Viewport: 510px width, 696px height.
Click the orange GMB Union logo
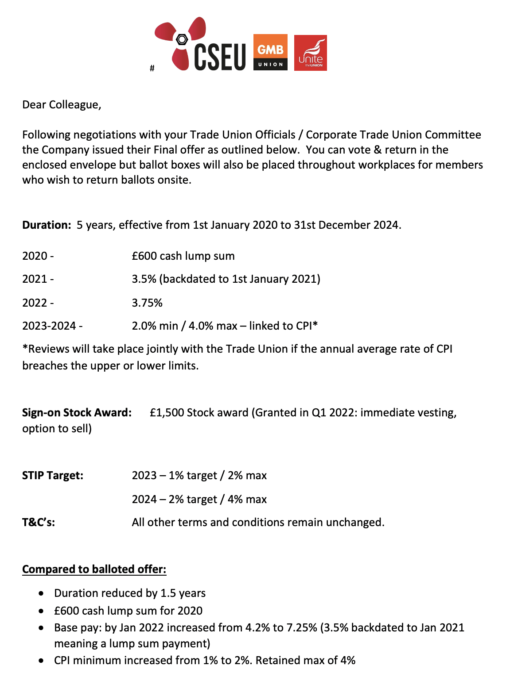pyautogui.click(x=270, y=52)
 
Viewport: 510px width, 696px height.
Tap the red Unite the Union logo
pyautogui.click(x=310, y=53)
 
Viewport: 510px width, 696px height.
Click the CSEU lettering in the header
pyautogui.click(x=220, y=57)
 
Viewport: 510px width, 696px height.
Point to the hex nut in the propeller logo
pyautogui.click(x=182, y=39)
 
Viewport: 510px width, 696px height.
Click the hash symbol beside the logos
pyautogui.click(x=152, y=68)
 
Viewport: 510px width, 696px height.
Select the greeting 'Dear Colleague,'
pyautogui.click(x=62, y=105)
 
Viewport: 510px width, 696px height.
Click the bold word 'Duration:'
pyautogui.click(x=47, y=225)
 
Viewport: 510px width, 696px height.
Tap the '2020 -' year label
pyautogui.click(x=38, y=256)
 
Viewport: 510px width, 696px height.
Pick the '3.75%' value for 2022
pyautogui.click(x=147, y=303)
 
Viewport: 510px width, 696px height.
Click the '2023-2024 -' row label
pyautogui.click(x=52, y=326)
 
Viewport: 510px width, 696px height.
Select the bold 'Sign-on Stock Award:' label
pyautogui.click(x=77, y=412)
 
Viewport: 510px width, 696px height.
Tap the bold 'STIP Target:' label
pyautogui.click(x=53, y=476)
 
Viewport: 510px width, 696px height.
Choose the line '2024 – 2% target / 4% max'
pyautogui.click(x=199, y=500)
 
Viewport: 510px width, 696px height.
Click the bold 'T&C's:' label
pyautogui.click(x=39, y=523)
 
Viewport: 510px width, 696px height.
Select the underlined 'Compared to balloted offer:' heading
pyautogui.click(x=94, y=569)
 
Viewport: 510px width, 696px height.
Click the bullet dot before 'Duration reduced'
pyautogui.click(x=41, y=593)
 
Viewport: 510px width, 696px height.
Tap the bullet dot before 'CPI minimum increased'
pyautogui.click(x=41, y=661)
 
